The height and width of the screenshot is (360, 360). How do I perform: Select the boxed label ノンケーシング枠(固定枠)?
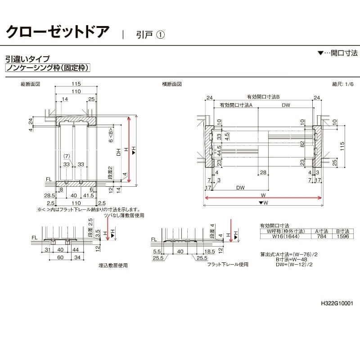click(x=48, y=68)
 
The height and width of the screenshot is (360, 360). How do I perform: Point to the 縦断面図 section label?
click(x=31, y=84)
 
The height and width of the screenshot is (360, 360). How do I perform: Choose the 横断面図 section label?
click(x=172, y=84)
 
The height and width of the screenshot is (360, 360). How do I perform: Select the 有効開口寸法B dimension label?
click(x=263, y=97)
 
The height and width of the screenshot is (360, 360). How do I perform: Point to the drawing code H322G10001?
click(x=337, y=303)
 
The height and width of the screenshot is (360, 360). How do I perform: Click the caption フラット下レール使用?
click(x=228, y=265)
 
